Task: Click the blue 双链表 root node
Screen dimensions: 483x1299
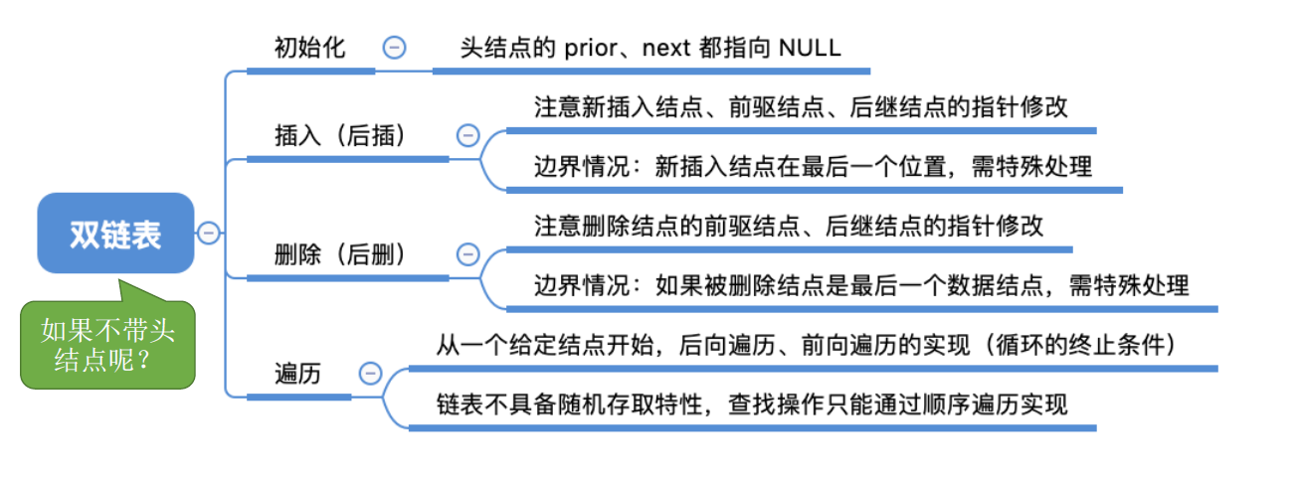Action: click(115, 234)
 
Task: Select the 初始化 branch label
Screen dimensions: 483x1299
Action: click(310, 47)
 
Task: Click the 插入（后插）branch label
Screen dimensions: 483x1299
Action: click(340, 136)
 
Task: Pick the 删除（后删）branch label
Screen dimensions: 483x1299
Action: click(340, 254)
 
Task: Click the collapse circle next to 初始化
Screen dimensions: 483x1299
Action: click(395, 47)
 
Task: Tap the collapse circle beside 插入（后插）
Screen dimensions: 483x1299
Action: click(466, 136)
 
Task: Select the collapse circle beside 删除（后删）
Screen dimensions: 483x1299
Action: click(466, 254)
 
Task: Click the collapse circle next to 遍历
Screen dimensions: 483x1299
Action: click(369, 374)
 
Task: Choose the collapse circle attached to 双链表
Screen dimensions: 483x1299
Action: click(209, 234)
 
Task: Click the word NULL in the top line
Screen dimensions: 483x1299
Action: click(810, 47)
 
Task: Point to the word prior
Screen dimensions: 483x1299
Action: click(594, 47)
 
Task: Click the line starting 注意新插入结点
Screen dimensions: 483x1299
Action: click(801, 107)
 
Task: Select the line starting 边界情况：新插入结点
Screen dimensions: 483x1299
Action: click(813, 166)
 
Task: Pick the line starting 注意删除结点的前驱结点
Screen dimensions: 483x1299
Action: click(789, 226)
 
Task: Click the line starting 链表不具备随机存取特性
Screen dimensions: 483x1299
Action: click(751, 405)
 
